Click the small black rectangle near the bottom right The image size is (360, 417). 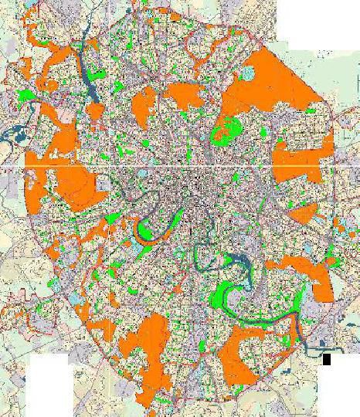coord(327,359)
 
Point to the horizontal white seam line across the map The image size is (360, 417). coord(180,167)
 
